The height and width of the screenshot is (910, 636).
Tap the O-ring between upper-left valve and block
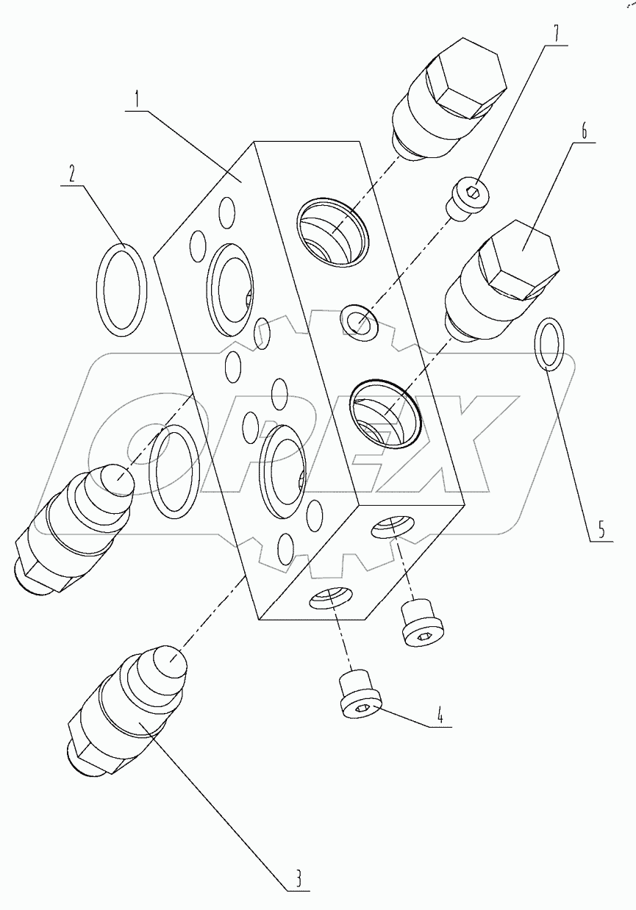[x=174, y=470]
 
